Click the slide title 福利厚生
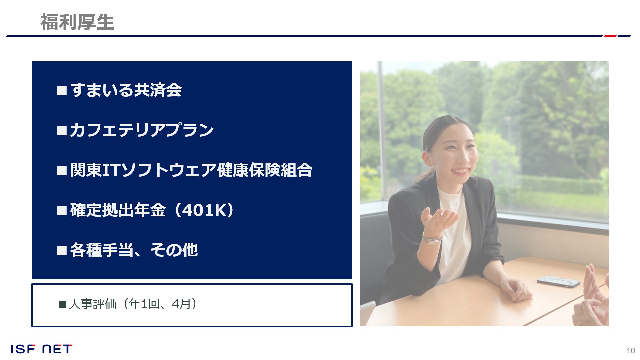pos(77,22)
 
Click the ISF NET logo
pos(41,349)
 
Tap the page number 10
pos(631,351)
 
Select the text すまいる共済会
pos(126,90)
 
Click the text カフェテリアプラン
pos(142,130)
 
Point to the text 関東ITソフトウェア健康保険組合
pos(191,170)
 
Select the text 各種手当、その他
pos(134,250)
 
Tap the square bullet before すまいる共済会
pos(62,91)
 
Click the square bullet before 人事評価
pos(62,304)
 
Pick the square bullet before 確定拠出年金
pos(62,211)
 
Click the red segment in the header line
pos(610,36)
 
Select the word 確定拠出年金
pos(118,210)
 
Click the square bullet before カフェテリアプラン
pos(62,131)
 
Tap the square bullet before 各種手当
pos(62,251)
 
